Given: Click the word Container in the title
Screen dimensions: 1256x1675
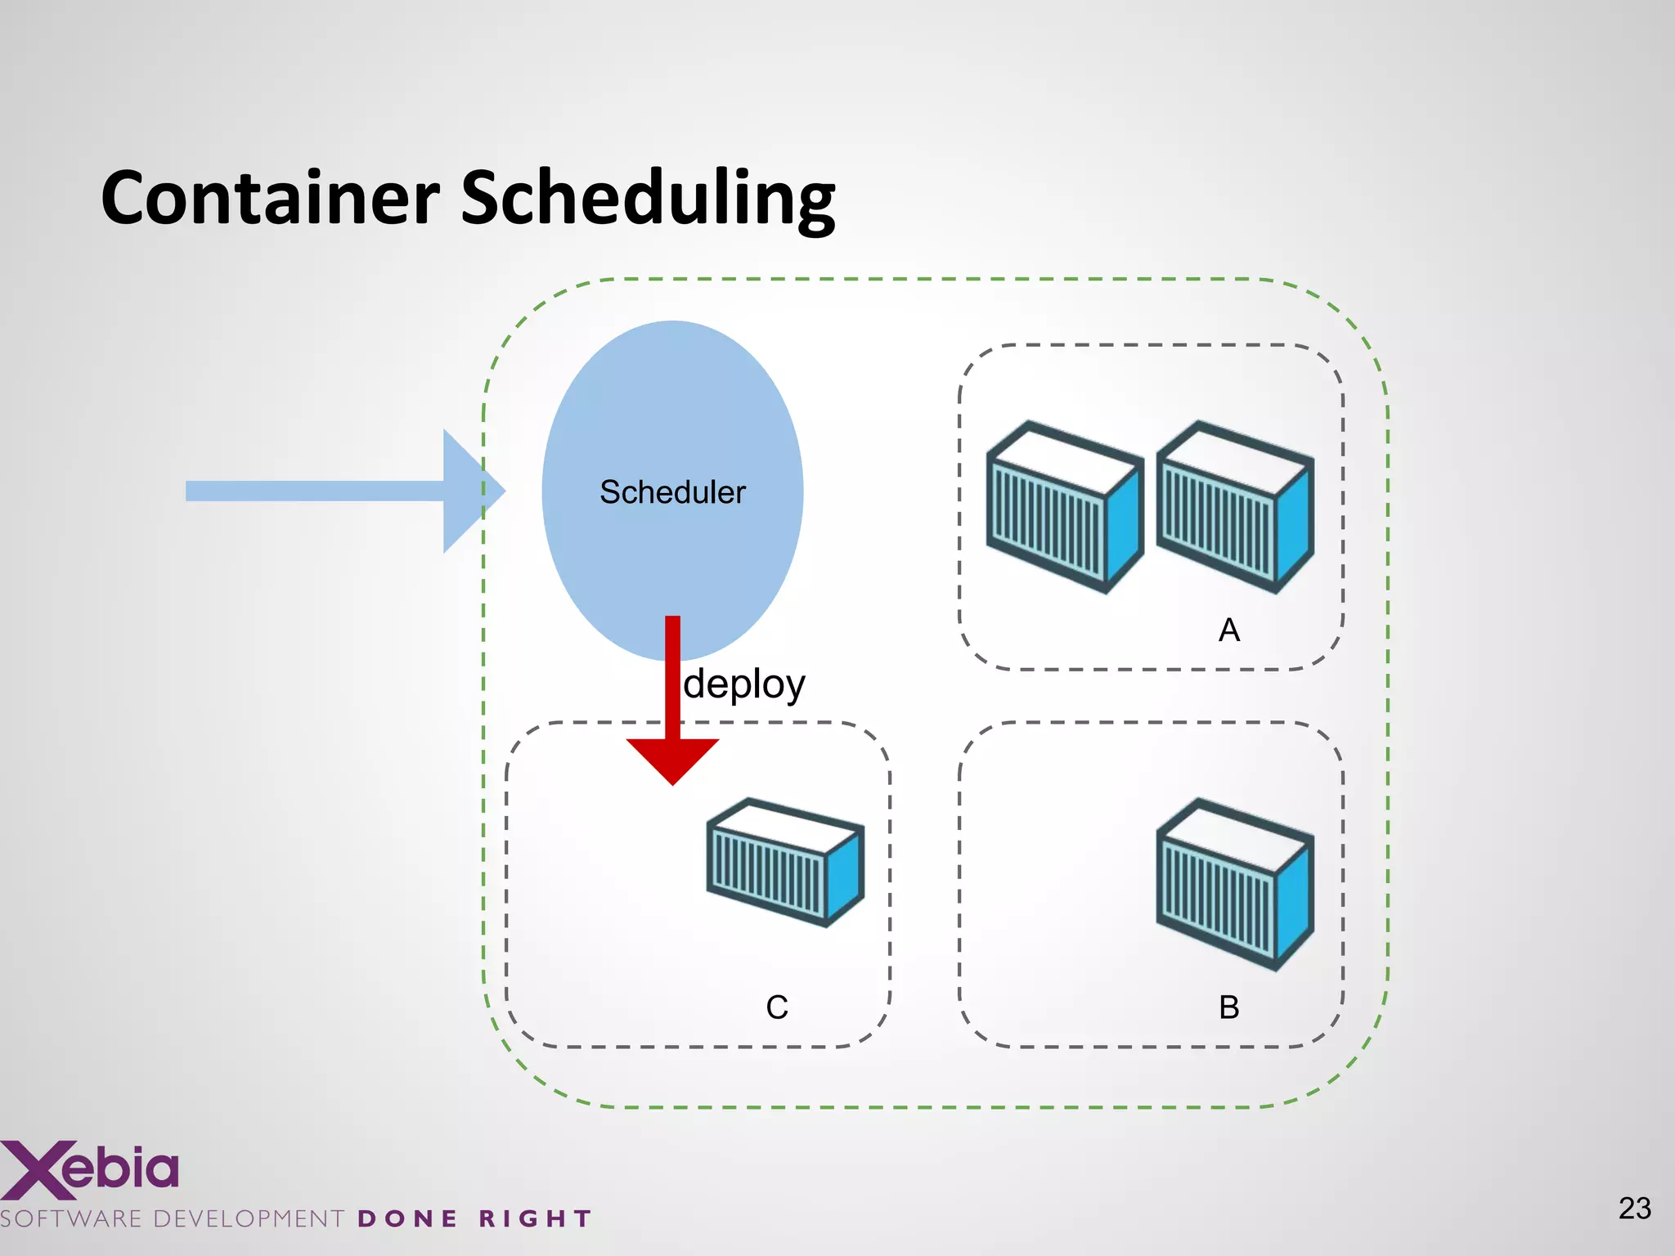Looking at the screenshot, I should coord(270,198).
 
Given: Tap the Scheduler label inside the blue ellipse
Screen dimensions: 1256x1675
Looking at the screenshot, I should coord(672,492).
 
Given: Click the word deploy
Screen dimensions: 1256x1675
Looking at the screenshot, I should coord(744,684).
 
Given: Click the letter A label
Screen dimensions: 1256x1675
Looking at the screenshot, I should coord(1228,630).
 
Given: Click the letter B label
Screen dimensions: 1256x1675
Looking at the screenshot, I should coord(1228,1007).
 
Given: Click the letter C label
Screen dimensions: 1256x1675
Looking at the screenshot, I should coord(777,1007).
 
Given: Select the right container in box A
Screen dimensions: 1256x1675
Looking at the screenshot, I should coord(1235,507).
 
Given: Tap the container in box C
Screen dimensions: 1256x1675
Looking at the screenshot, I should coord(785,863).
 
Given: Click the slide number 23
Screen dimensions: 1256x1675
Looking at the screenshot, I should coord(1634,1209).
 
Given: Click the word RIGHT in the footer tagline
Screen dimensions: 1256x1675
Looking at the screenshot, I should coord(535,1219).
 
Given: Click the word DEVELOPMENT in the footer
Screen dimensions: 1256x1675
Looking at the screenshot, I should coord(249,1219).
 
